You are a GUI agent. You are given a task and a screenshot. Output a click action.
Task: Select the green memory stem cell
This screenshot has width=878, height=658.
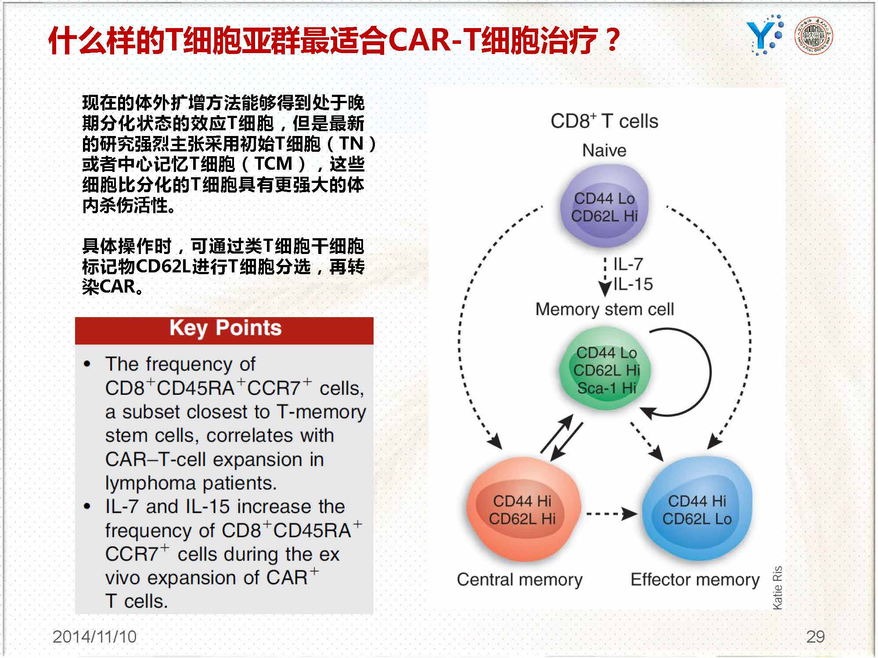click(606, 370)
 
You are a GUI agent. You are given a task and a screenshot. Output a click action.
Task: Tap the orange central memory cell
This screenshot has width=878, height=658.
click(523, 511)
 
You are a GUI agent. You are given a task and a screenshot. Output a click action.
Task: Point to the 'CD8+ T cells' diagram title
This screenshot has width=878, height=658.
click(605, 121)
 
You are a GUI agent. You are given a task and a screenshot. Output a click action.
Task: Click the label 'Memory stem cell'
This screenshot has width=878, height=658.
click(605, 310)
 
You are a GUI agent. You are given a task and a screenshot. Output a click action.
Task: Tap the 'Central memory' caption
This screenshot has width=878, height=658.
click(520, 579)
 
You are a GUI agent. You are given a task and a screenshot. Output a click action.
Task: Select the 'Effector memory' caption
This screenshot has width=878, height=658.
click(695, 579)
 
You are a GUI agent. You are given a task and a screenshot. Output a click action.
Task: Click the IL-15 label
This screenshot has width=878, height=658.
click(633, 284)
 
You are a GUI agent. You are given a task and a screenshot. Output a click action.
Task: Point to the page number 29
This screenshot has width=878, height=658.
click(815, 637)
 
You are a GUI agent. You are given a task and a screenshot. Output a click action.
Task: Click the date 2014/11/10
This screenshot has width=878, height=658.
click(94, 637)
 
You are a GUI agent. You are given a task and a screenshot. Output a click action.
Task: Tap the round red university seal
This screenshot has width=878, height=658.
click(814, 36)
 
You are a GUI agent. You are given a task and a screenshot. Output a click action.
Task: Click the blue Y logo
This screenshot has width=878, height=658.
click(764, 36)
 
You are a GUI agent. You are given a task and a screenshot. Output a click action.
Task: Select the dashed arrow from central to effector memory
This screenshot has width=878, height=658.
click(612, 513)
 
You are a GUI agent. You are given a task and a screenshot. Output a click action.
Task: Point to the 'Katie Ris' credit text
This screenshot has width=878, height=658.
click(777, 588)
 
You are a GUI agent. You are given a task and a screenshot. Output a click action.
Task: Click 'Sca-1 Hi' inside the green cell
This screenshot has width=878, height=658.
click(607, 388)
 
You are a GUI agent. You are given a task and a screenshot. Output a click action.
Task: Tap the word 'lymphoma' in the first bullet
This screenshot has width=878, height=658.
click(151, 483)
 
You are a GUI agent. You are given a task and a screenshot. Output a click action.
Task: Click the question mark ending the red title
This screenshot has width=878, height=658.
click(611, 40)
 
